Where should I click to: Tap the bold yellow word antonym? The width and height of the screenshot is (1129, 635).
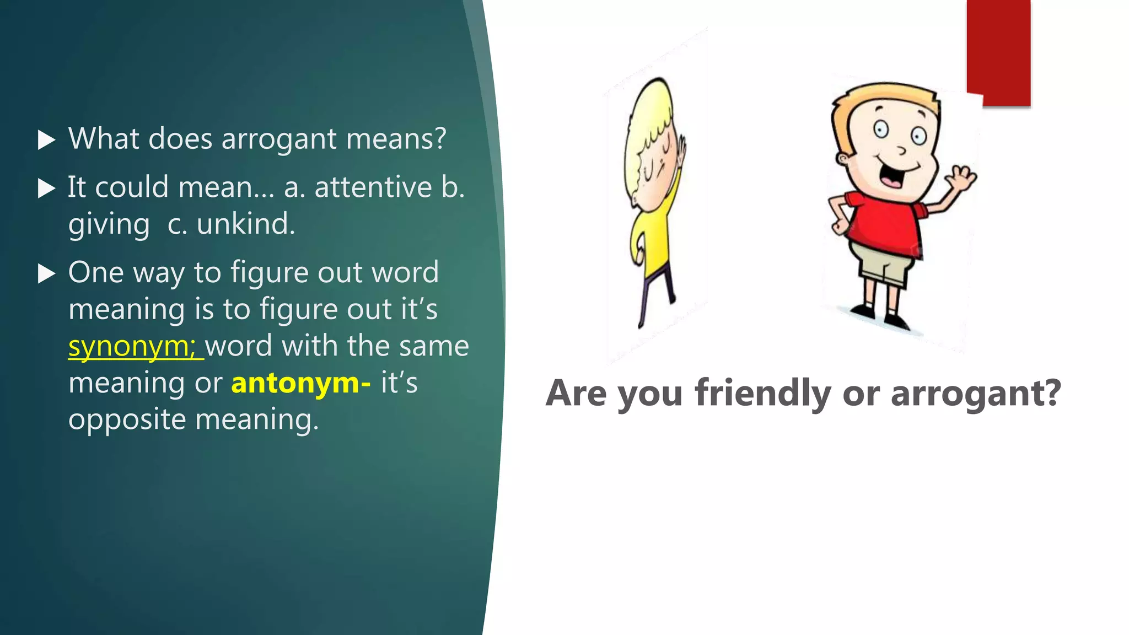click(x=296, y=383)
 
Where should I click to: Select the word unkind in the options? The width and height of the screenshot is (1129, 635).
click(x=245, y=224)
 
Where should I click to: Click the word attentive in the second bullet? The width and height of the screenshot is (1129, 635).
click(x=373, y=187)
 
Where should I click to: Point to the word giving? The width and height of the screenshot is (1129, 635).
click(x=109, y=225)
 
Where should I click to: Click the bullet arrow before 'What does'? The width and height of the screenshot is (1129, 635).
click(x=46, y=140)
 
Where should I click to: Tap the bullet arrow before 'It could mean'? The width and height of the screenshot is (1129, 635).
click(x=46, y=189)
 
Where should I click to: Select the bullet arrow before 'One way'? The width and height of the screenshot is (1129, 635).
click(x=46, y=273)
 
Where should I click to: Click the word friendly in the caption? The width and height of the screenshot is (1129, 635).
click(x=763, y=393)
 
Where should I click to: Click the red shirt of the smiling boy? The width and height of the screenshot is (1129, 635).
click(x=882, y=220)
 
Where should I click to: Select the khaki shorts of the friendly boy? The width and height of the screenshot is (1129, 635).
click(x=882, y=267)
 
